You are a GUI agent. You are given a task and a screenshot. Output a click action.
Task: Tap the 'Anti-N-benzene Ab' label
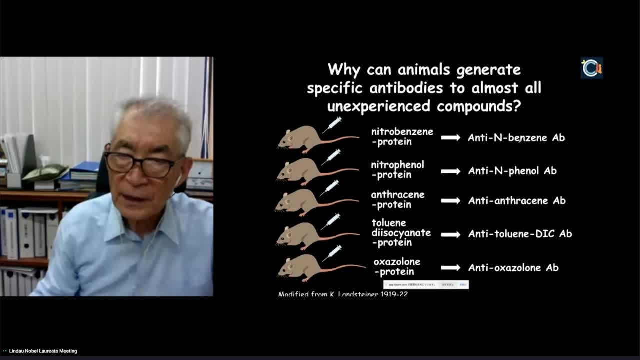pos(516,138)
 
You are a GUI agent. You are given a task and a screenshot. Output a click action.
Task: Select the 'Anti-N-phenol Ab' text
pos(512,171)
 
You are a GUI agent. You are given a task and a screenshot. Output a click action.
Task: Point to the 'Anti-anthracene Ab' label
pos(516,201)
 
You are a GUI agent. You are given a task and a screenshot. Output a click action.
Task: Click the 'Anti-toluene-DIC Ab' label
pos(520,234)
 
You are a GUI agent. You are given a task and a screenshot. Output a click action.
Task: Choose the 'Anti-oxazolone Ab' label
pos(513,268)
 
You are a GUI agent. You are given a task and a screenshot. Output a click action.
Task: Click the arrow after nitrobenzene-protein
pos(450,137)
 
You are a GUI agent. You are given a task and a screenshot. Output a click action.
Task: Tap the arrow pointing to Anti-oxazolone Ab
pos(450,268)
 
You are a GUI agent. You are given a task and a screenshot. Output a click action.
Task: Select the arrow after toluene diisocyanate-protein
pos(450,234)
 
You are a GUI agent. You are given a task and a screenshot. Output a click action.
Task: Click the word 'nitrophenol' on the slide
pos(397,165)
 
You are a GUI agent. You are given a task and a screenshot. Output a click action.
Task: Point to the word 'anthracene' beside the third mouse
pos(397,195)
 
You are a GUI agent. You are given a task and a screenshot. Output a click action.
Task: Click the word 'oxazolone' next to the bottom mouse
pos(397,262)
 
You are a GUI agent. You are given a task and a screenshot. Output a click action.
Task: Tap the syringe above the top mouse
pos(332,124)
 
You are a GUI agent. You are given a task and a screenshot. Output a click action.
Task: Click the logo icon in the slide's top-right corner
pos(591,68)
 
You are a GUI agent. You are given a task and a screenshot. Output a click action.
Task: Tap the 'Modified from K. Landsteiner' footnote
pos(342,294)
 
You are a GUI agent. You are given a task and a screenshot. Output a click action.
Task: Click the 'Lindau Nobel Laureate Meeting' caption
pos(43,351)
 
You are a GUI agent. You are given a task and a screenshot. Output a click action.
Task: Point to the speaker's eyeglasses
pos(142,164)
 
